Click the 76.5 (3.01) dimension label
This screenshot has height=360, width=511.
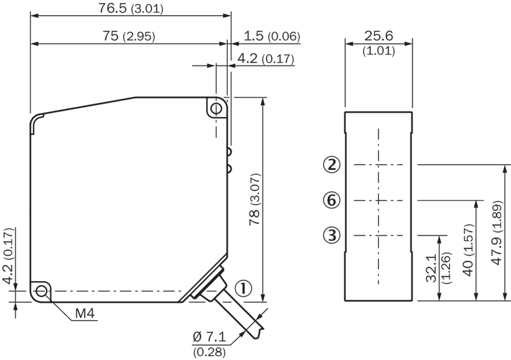point(130,9)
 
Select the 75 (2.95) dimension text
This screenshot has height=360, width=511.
point(129,36)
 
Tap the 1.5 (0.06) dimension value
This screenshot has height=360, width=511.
point(272,36)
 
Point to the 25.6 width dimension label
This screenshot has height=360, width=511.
point(379,36)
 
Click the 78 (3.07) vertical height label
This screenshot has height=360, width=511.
point(254,200)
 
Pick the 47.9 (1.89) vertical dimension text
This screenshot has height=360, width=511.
point(497,232)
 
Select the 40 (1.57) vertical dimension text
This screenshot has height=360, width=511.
point(468,250)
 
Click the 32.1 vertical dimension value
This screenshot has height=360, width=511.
point(431,268)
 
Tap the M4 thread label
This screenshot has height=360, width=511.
point(85,314)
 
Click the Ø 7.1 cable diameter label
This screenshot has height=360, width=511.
point(209,337)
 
